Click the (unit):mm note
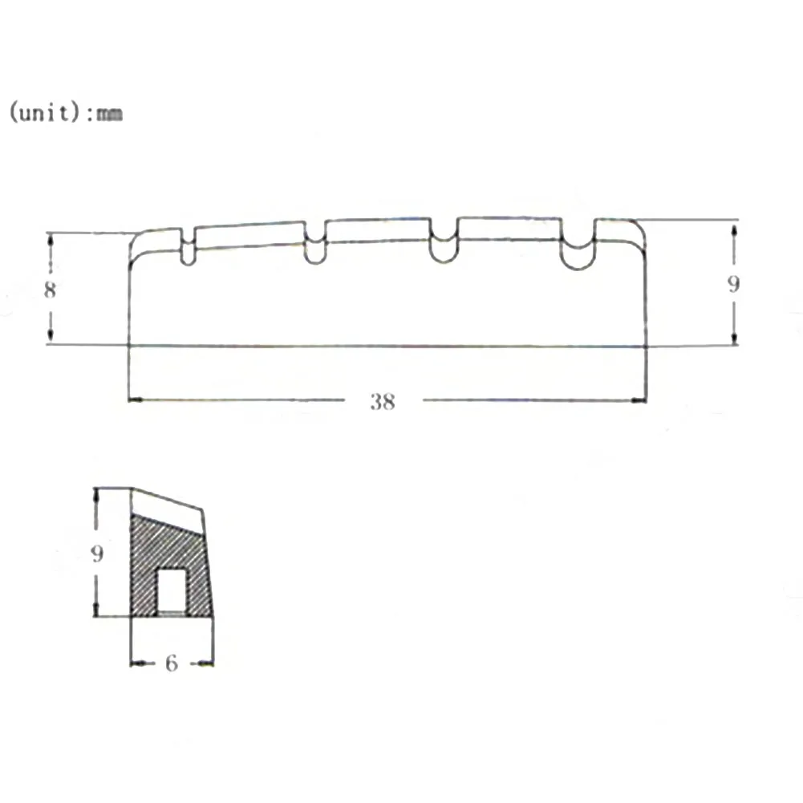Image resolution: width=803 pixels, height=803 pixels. point(66,112)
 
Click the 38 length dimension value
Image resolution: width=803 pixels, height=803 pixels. point(383,401)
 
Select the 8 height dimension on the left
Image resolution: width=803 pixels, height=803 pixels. point(50,290)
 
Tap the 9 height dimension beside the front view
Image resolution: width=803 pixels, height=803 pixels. point(733,284)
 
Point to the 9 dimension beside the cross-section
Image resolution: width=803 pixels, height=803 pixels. point(97,554)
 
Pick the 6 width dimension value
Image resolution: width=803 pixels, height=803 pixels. point(171,663)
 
